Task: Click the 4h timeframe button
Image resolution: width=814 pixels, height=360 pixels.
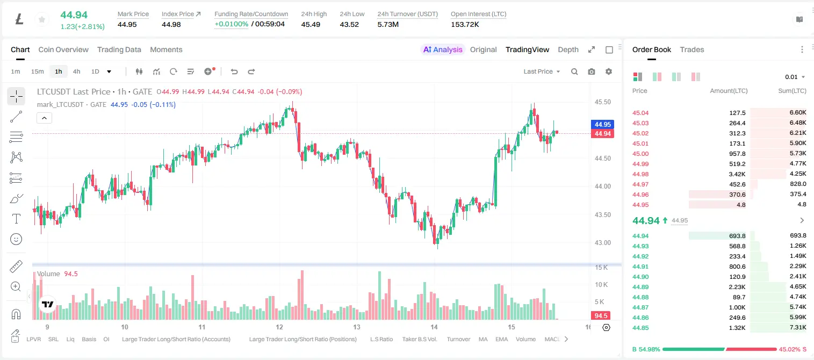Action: tap(76, 71)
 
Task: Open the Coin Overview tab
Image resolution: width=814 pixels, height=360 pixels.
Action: tap(63, 49)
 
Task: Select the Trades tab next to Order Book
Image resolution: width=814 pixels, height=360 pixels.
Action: tap(691, 49)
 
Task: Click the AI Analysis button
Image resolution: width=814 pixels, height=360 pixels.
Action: tap(443, 49)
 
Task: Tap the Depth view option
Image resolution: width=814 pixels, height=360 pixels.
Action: tap(568, 49)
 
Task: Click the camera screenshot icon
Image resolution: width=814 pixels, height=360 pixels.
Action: tap(591, 71)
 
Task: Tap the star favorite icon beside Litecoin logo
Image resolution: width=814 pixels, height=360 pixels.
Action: tap(42, 19)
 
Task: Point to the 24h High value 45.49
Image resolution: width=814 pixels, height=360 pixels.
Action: tap(311, 24)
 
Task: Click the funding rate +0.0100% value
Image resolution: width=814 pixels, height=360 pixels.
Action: tap(231, 24)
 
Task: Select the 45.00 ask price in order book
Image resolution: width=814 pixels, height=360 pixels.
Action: tap(640, 154)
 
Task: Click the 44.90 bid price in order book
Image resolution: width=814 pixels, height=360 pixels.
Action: tap(640, 277)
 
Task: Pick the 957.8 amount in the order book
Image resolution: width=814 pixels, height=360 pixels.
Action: tap(737, 154)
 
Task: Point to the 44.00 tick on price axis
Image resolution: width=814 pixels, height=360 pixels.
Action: tap(602, 186)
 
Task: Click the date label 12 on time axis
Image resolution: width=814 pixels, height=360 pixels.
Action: tap(279, 327)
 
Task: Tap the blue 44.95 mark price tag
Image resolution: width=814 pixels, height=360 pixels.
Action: tap(602, 124)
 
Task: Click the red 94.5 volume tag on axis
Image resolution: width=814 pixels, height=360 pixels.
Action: tap(601, 316)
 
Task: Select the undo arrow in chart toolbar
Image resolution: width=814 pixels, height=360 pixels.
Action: tap(234, 71)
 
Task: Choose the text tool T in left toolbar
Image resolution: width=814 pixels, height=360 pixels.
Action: tap(16, 219)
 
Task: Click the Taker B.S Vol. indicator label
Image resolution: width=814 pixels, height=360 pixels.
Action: tap(419, 339)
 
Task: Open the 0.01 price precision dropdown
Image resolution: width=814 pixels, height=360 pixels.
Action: tap(795, 77)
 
